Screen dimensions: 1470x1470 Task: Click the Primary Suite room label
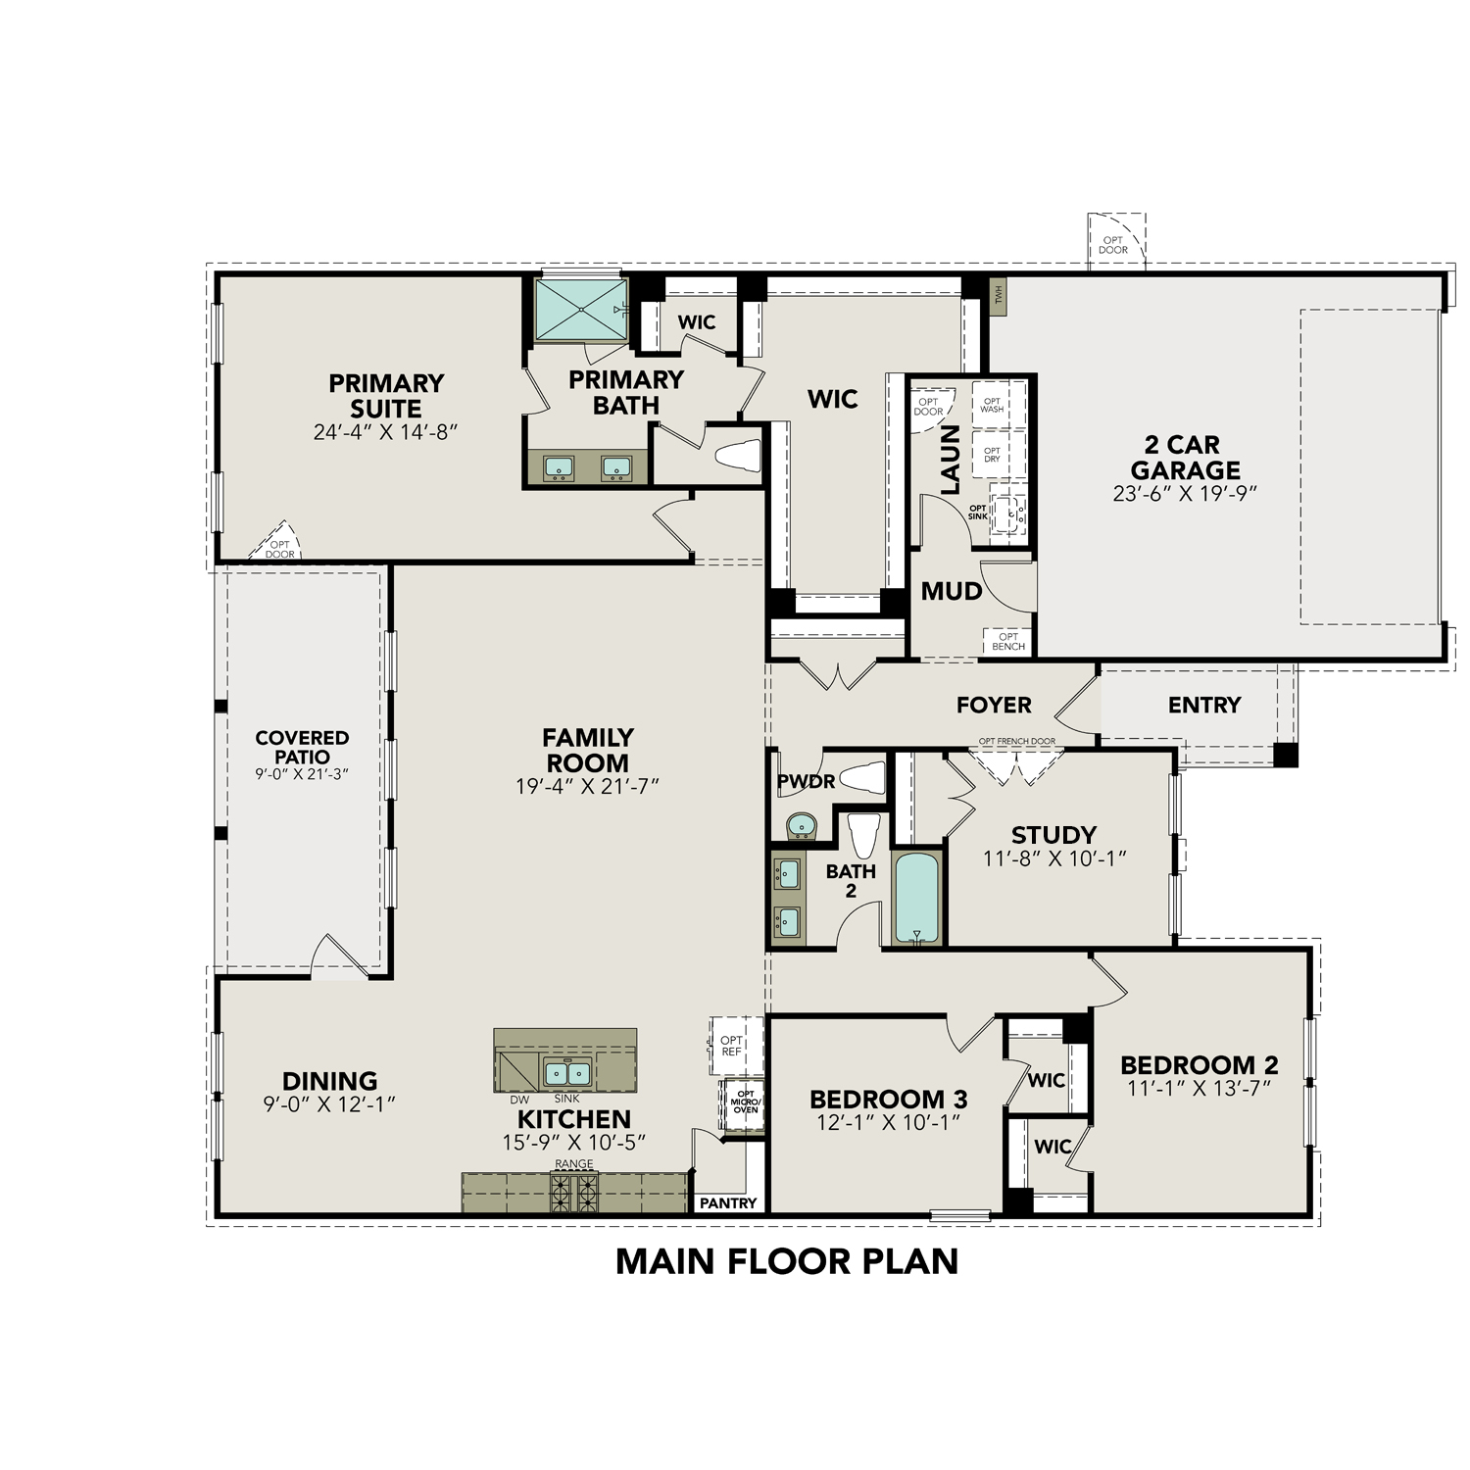coord(386,396)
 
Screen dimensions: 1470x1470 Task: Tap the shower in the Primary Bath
coord(580,310)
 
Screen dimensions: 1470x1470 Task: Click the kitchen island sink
coord(566,1072)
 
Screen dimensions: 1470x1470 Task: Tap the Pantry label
coord(729,1203)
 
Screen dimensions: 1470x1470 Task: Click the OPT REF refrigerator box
coord(731,1046)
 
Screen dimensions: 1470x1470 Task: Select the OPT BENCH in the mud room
coord(1008,641)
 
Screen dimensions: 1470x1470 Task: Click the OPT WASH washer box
coord(993,405)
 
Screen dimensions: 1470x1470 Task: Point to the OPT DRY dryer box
coord(993,455)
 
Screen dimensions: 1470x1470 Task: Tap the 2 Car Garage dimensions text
coord(1185,494)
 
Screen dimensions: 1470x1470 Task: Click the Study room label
coord(1053,835)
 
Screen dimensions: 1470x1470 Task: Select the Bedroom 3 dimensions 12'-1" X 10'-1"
coord(888,1123)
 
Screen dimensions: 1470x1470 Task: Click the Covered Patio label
coord(302,747)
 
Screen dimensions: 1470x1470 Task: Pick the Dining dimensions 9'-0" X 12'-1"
coord(329,1104)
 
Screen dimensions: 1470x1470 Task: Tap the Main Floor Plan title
coord(787,1261)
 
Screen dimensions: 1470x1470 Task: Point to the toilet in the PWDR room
coord(861,777)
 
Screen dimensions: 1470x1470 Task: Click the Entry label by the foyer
coord(1204,705)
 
